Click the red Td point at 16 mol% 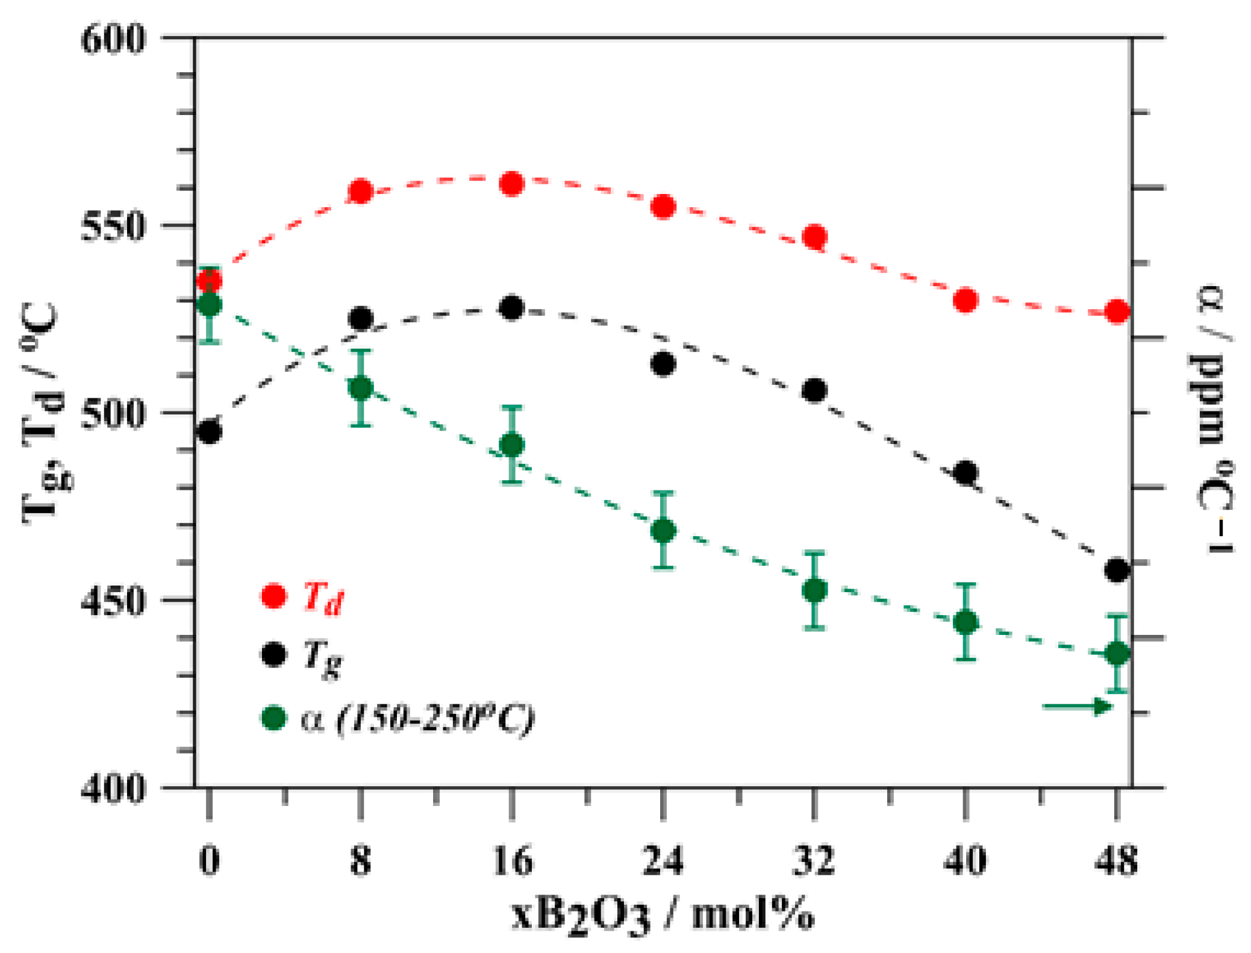point(511,184)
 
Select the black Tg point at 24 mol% point(663,364)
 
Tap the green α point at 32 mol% point(814,590)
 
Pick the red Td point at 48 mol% point(1117,311)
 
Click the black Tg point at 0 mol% point(209,431)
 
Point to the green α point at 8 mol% point(360,388)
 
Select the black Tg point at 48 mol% point(1117,569)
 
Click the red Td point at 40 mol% point(966,300)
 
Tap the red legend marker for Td point(273,596)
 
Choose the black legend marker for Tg point(273,654)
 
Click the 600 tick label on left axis point(113,40)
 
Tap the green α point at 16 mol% point(512,445)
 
